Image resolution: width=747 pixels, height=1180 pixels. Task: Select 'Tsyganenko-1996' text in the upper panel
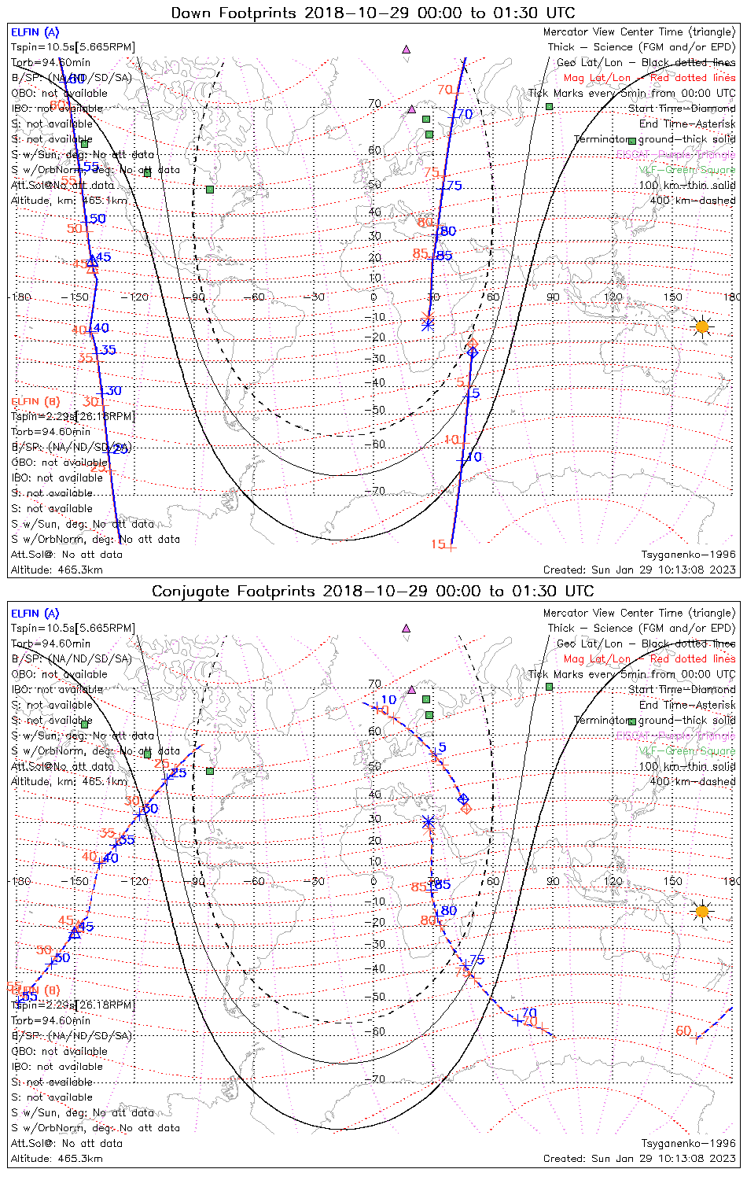click(688, 555)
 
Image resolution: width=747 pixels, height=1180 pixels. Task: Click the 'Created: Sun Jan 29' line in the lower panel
click(639, 1159)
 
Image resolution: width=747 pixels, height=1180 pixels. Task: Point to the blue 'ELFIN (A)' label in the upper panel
click(35, 32)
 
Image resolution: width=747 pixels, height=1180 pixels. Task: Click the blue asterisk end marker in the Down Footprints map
click(428, 323)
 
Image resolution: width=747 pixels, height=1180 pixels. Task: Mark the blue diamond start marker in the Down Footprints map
click(472, 352)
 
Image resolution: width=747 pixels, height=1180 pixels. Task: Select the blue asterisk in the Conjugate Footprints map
click(429, 822)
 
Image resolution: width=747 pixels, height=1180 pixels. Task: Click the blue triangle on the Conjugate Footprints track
click(75, 933)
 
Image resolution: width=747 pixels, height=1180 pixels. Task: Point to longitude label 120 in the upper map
click(613, 297)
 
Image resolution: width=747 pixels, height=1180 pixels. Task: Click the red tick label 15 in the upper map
click(438, 544)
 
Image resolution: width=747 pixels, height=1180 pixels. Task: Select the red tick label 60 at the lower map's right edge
click(683, 1031)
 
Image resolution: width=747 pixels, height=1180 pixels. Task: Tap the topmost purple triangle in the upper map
click(406, 50)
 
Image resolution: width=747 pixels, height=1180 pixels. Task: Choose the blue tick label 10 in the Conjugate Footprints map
click(388, 700)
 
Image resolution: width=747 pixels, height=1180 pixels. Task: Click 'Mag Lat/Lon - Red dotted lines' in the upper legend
click(649, 78)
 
